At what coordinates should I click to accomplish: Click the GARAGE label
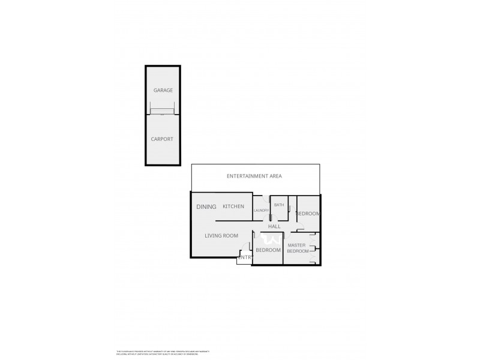tap(163, 91)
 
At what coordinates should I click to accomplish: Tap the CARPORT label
tap(163, 139)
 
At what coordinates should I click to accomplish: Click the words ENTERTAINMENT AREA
tap(254, 176)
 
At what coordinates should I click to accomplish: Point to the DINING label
tap(206, 207)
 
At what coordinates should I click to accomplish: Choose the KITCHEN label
tap(233, 207)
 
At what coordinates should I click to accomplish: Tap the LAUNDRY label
tap(261, 211)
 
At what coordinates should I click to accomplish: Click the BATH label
tap(279, 205)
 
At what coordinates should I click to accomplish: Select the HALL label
tap(274, 227)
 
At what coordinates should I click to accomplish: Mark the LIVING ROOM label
tap(222, 236)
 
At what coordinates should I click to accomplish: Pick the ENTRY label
tap(245, 258)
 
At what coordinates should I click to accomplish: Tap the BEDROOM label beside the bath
tap(308, 214)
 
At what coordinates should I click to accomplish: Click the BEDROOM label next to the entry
tap(268, 250)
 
